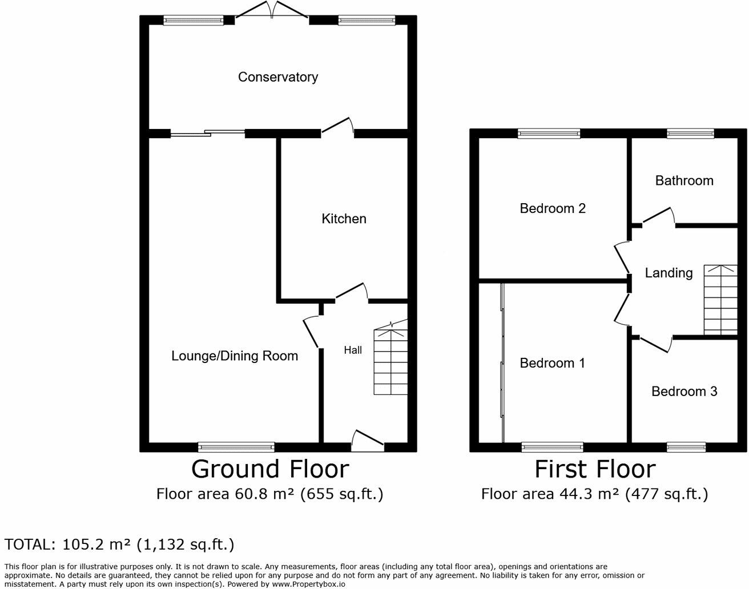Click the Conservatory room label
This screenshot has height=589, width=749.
(277, 77)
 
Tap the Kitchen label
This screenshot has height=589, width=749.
(344, 219)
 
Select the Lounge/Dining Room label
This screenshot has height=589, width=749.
(235, 356)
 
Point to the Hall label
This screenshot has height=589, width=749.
(353, 350)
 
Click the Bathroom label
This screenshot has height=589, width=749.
(684, 181)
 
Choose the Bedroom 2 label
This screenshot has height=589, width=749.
(553, 208)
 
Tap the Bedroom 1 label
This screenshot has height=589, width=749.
(552, 363)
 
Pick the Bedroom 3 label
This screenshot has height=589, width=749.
(684, 392)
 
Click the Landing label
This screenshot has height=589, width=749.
(669, 273)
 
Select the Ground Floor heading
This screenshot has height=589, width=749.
(270, 469)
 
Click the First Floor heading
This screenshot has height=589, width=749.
(595, 469)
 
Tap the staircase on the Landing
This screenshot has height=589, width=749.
(720, 300)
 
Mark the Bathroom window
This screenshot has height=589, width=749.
(691, 134)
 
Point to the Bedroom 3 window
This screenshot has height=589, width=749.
(686, 447)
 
